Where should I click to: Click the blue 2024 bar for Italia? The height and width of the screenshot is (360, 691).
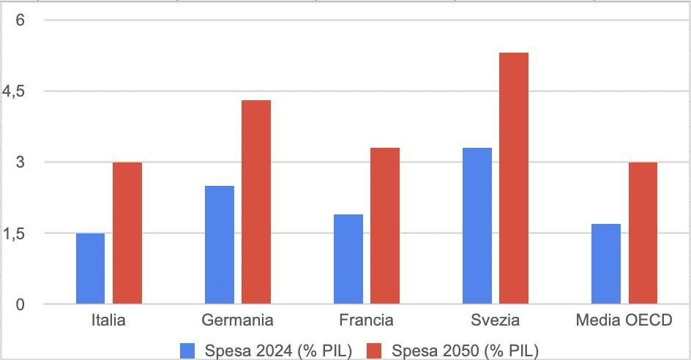pyautogui.click(x=90, y=269)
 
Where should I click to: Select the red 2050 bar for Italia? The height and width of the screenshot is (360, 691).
pyautogui.click(x=127, y=233)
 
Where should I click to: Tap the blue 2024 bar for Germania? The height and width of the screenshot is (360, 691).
pyautogui.click(x=220, y=244)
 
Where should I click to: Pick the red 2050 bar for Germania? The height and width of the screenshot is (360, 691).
pyautogui.click(x=256, y=201)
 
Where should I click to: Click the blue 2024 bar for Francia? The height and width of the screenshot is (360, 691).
pyautogui.click(x=348, y=259)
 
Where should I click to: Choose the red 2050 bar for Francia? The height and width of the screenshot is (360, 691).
pyautogui.click(x=385, y=225)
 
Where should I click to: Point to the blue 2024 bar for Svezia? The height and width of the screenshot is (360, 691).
pyautogui.click(x=477, y=225)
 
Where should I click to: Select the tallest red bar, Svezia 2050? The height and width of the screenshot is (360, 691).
pyautogui.click(x=514, y=178)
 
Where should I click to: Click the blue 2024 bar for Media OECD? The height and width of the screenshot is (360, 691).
pyautogui.click(x=606, y=263)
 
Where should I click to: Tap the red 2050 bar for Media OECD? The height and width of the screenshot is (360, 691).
pyautogui.click(x=643, y=233)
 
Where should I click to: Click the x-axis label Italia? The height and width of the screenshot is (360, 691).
pyautogui.click(x=108, y=320)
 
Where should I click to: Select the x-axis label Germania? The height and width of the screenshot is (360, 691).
pyautogui.click(x=237, y=320)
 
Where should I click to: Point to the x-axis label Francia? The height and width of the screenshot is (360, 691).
pyautogui.click(x=366, y=320)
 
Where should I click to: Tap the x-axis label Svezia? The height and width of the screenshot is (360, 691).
pyautogui.click(x=496, y=320)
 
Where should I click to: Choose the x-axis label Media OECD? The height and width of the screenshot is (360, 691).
pyautogui.click(x=624, y=320)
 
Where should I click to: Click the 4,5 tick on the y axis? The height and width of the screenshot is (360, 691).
pyautogui.click(x=14, y=91)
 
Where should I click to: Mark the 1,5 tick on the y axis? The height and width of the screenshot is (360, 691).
pyautogui.click(x=14, y=233)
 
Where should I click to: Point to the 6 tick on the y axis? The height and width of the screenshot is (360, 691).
pyautogui.click(x=20, y=20)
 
